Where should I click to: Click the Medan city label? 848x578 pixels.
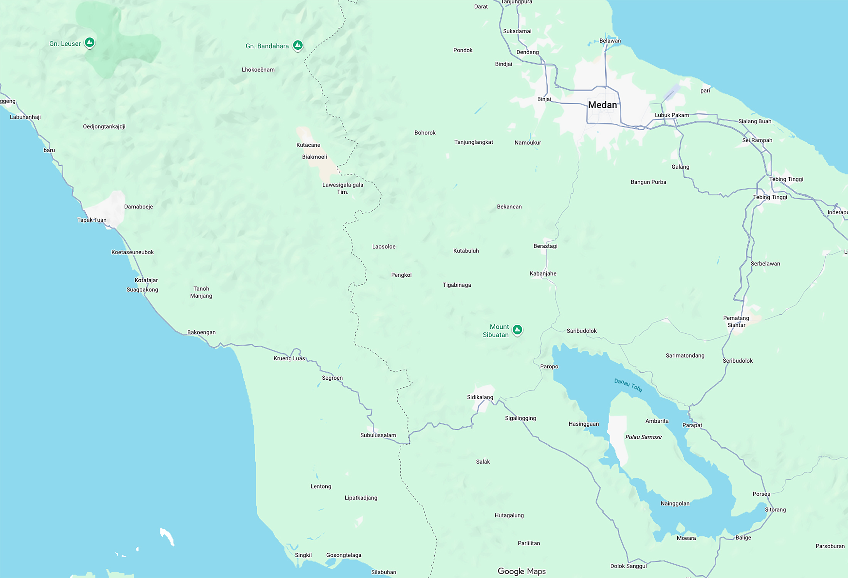(602, 105)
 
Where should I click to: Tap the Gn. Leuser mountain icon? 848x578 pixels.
(89, 42)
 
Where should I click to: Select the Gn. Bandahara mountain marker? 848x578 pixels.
(298, 45)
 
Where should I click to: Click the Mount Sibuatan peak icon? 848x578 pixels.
(517, 329)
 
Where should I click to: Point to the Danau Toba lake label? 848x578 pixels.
(628, 385)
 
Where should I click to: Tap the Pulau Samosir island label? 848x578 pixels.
(643, 437)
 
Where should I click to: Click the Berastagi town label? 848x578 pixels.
(545, 246)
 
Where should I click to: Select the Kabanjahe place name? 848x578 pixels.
(543, 274)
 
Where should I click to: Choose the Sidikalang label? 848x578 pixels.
(480, 397)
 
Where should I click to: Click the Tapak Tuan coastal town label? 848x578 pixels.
(92, 220)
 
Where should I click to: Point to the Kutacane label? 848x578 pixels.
(308, 145)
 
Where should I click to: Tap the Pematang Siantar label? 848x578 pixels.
(736, 321)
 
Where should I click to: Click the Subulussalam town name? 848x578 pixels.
(378, 435)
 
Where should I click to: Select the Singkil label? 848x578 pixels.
(303, 555)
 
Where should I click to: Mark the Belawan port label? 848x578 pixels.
(610, 41)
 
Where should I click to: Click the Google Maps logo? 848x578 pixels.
(522, 571)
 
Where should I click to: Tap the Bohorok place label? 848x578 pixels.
(425, 133)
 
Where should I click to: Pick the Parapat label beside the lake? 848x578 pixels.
(692, 425)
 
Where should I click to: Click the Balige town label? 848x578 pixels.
(743, 538)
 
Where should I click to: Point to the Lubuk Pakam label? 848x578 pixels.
(671, 115)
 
